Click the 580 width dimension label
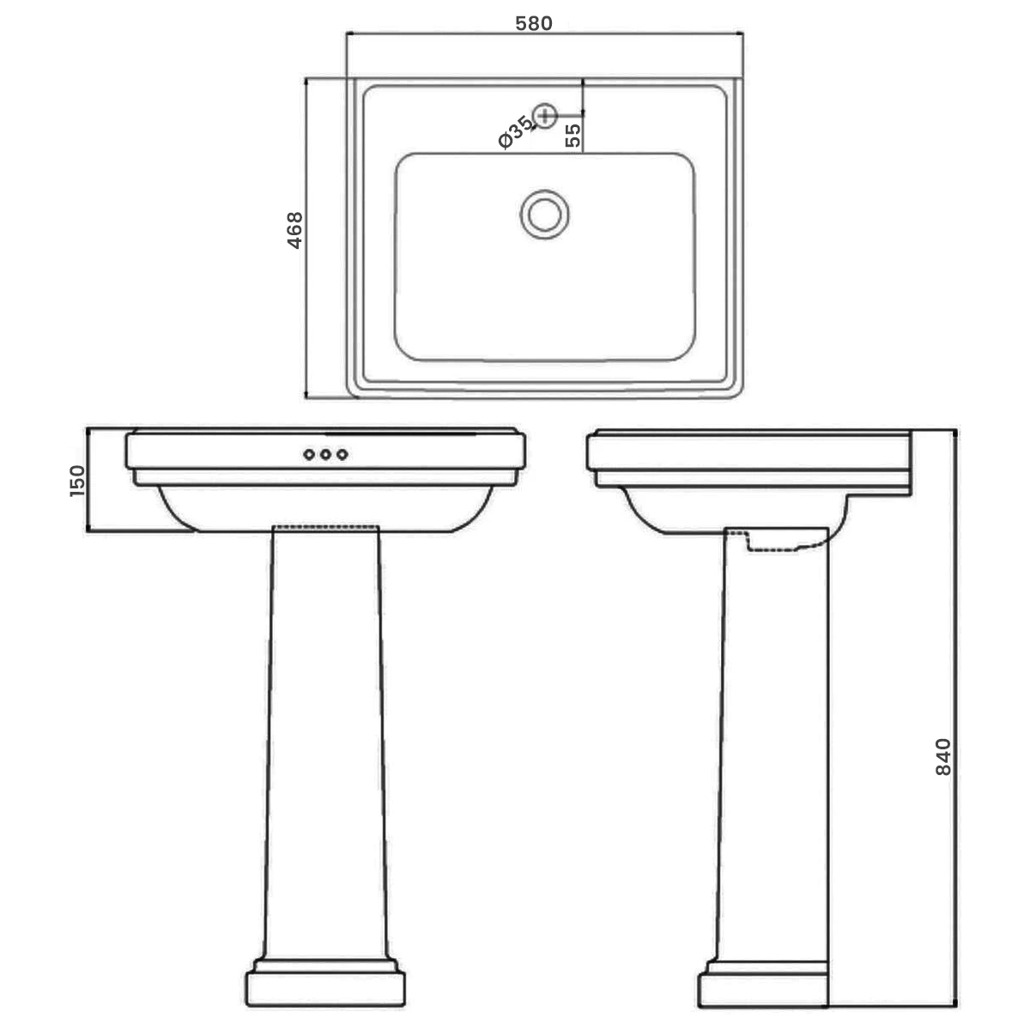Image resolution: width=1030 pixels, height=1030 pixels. (x=533, y=23)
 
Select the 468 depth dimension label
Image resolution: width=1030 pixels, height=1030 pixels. (x=294, y=230)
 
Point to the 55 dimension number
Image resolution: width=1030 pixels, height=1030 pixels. (x=573, y=134)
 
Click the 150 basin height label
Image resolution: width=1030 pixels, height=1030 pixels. (x=77, y=481)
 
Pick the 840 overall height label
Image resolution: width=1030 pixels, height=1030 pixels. (x=942, y=756)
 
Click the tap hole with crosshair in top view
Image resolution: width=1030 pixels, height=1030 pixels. (x=545, y=114)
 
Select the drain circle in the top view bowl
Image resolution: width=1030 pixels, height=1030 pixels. (x=544, y=214)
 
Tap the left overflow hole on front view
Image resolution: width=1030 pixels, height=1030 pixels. (x=309, y=454)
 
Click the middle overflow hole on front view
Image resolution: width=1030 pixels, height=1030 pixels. (x=325, y=454)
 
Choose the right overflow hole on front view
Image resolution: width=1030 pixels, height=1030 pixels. (x=342, y=454)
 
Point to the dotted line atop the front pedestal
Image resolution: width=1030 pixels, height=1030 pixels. (x=325, y=525)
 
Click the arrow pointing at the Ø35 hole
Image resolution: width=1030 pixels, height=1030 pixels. (x=530, y=126)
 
